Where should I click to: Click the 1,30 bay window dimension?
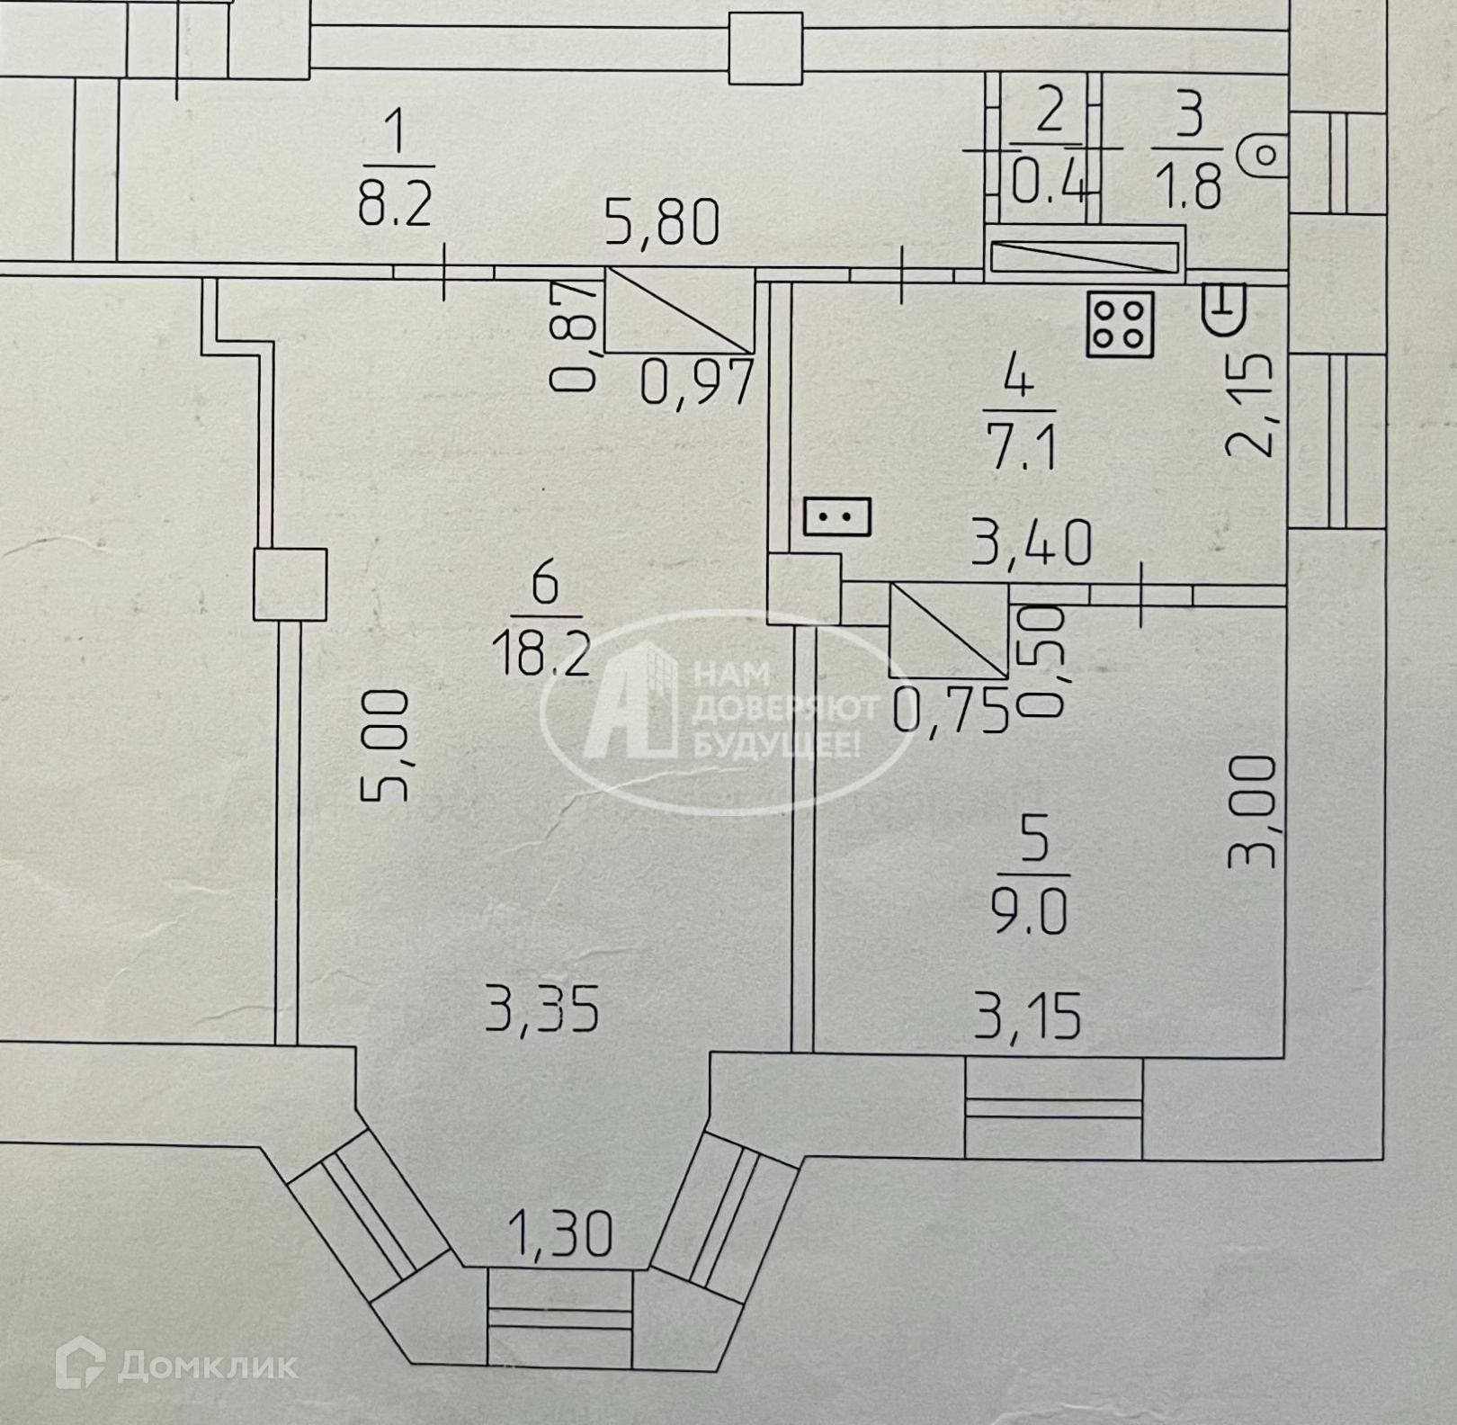click(x=560, y=1233)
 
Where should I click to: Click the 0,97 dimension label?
click(x=696, y=382)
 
